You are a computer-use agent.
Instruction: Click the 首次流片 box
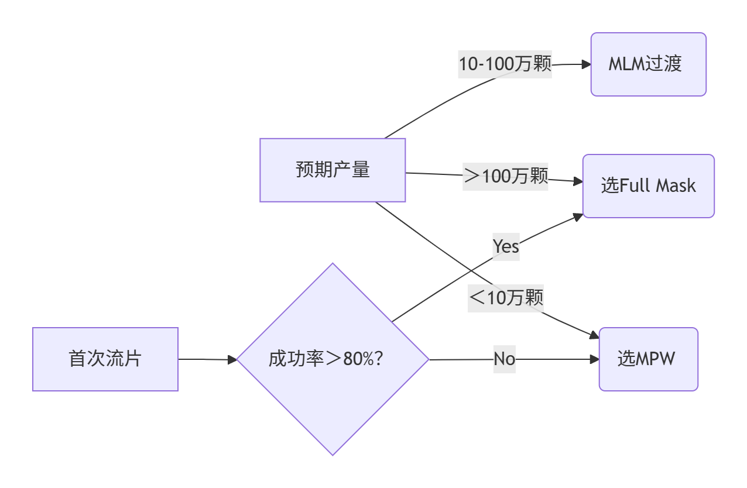[105, 359]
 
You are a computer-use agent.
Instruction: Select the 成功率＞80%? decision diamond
[333, 359]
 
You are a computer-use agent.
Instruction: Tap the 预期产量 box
[333, 170]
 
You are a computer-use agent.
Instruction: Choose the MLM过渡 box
[648, 64]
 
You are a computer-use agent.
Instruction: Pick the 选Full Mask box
[648, 186]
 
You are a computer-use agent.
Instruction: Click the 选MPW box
[648, 359]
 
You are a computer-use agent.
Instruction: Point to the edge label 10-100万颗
[505, 64]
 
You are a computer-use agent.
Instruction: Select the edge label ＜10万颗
[506, 298]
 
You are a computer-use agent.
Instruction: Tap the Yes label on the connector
[506, 246]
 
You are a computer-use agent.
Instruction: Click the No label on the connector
[504, 359]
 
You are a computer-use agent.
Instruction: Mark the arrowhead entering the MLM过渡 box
[586, 64]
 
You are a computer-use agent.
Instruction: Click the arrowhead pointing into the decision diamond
[232, 360]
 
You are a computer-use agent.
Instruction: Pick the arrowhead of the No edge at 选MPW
[594, 359]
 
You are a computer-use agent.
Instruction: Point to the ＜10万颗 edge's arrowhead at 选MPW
[594, 335]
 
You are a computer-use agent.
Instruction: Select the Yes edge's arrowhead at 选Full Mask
[578, 216]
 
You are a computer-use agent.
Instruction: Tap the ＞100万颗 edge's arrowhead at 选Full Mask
[578, 182]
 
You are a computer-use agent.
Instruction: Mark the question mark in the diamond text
[378, 359]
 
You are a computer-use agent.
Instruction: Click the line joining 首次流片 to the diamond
[205, 359]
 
